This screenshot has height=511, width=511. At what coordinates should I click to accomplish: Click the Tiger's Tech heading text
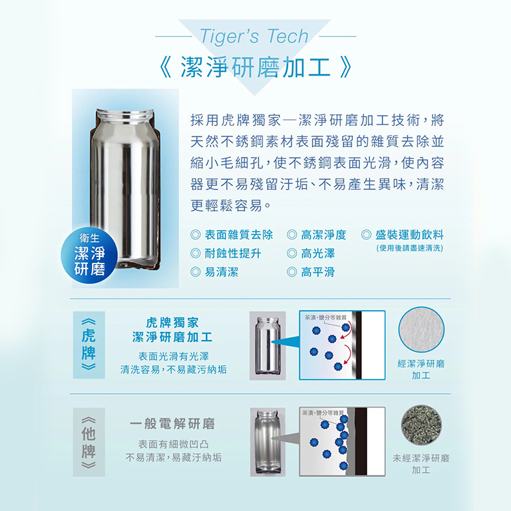pos(255,36)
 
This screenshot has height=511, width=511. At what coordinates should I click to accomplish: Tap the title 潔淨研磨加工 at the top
pos(255,68)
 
